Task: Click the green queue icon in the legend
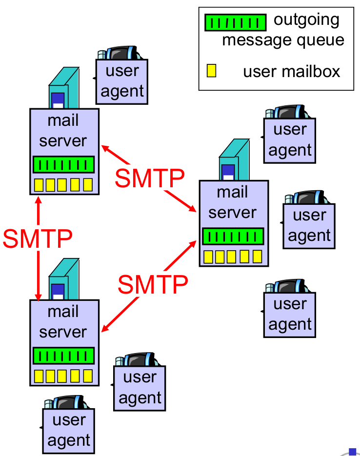(235, 22)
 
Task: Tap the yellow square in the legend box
(211, 71)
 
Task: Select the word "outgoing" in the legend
(306, 20)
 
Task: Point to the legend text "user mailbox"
(291, 72)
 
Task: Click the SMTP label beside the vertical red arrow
(38, 238)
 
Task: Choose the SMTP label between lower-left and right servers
(153, 284)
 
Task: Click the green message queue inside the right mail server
(233, 237)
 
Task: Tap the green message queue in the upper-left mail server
(63, 164)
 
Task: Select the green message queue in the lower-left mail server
(63, 356)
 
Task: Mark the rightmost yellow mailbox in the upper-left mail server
(88, 185)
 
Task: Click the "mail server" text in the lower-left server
(63, 321)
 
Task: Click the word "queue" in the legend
(320, 40)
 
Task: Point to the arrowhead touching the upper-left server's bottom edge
(38, 198)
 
